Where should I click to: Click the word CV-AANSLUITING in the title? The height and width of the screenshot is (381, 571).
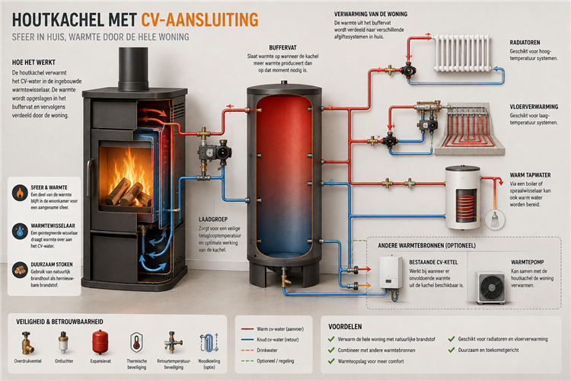pos(199,20)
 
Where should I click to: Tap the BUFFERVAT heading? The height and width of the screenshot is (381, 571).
pos(282,48)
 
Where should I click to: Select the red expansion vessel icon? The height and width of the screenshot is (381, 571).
pos(100,342)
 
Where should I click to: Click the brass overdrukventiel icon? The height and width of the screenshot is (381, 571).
pos(27,342)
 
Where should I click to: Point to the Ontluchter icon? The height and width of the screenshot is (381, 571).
pos(63,342)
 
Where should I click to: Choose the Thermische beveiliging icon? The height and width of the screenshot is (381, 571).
pos(136,342)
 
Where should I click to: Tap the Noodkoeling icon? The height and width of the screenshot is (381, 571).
pos(209,343)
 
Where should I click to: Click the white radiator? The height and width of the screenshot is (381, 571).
pos(462,53)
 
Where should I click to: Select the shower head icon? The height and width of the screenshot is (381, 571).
pos(495,220)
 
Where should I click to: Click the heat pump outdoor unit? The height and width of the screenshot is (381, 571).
pos(490,287)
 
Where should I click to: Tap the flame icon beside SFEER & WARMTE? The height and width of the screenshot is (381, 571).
pos(20,193)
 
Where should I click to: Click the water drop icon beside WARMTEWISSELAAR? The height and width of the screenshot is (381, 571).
pos(20,231)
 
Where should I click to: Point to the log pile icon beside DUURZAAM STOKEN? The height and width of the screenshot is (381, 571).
pos(20,270)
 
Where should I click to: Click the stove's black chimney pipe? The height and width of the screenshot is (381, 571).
pos(133,69)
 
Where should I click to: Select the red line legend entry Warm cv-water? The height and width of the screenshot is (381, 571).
pos(273,329)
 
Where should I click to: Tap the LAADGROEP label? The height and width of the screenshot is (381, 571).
pos(213,219)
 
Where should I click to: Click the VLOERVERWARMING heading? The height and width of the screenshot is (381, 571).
pos(534,107)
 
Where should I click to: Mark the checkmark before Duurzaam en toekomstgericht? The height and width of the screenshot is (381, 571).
pos(451,350)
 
